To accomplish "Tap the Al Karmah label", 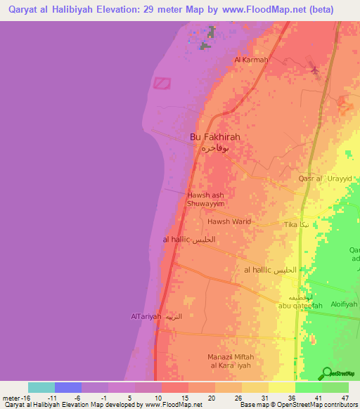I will [x=251, y=60].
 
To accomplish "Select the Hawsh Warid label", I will [x=229, y=221].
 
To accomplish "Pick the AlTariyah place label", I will [x=146, y=316].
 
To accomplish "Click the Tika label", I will [x=290, y=225].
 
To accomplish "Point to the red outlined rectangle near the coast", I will [x=162, y=83].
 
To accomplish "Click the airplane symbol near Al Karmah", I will [x=314, y=70].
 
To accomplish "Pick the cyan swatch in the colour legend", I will [x=41, y=387].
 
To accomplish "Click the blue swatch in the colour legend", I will [x=68, y=387].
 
